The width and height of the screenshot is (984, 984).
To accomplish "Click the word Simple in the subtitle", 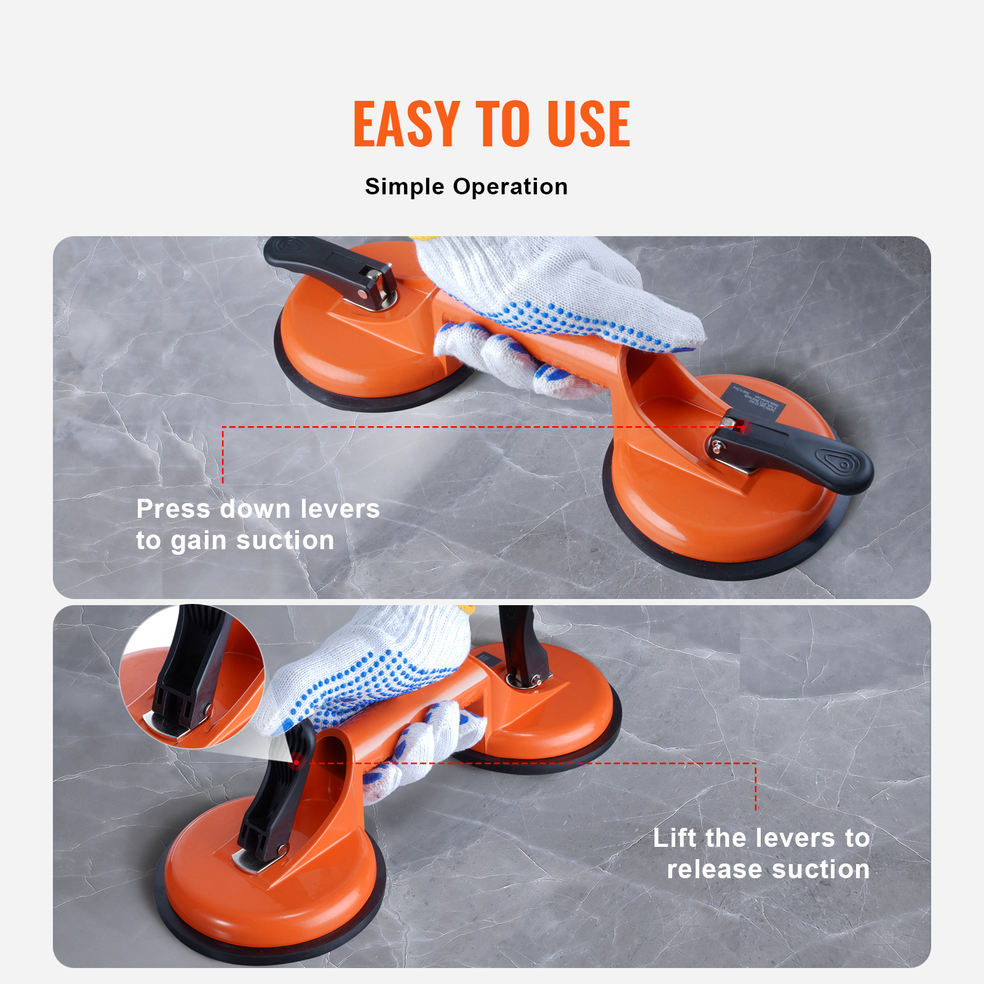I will pos(404,186).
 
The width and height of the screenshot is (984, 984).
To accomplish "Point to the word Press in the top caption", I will pos(173,509).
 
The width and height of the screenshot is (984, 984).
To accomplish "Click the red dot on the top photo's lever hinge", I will pos(742,427).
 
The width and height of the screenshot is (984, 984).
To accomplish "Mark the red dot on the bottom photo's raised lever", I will pos(296,763).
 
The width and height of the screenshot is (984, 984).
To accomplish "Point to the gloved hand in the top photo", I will pos(553,301).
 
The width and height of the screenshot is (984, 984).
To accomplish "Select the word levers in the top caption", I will pos(340,509).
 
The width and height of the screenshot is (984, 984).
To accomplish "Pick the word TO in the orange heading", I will pos(502,124).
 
